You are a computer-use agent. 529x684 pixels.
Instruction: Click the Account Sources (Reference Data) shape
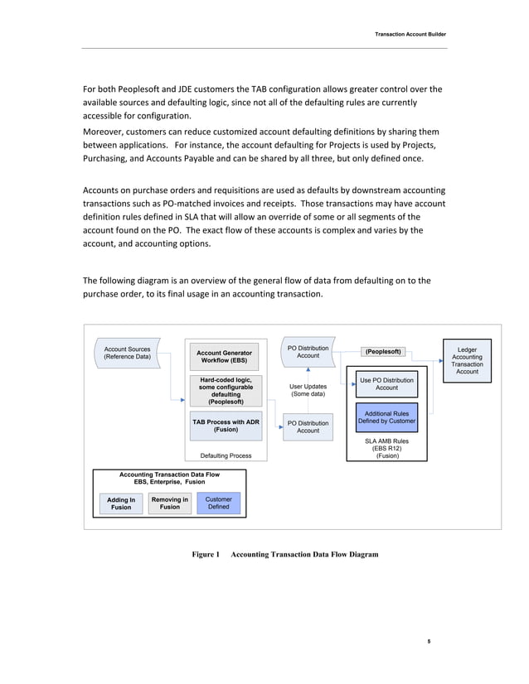pyautogui.click(x=127, y=353)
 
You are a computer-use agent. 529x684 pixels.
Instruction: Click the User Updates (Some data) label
pyautogui.click(x=308, y=390)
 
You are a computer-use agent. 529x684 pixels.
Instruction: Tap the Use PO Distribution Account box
pyautogui.click(x=386, y=383)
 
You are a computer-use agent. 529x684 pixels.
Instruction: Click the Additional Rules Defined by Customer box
pyautogui.click(x=386, y=417)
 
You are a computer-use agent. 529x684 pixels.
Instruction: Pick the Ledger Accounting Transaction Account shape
pyautogui.click(x=467, y=360)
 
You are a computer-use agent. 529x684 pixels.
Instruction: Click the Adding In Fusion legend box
pyautogui.click(x=121, y=503)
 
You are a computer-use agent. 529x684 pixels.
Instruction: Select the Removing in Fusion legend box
pyautogui.click(x=170, y=503)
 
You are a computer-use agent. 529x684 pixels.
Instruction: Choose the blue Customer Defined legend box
pyautogui.click(x=218, y=503)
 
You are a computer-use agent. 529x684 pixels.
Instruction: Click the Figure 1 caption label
pyautogui.click(x=206, y=554)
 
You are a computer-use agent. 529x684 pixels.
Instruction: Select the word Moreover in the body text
pyautogui.click(x=105, y=131)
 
